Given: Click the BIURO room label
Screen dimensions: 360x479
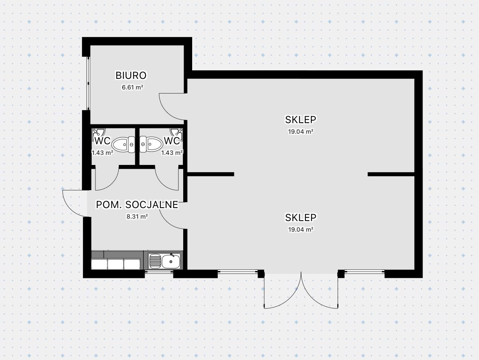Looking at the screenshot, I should [131, 75].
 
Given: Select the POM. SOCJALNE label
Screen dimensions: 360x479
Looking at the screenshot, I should [137, 205].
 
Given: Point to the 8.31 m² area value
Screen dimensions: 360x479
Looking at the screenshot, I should [137, 217].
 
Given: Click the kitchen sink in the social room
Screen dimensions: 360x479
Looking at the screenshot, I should [165, 261].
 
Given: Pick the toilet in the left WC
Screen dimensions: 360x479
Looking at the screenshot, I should [123, 144].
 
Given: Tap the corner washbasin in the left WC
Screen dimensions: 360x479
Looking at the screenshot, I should [97, 132].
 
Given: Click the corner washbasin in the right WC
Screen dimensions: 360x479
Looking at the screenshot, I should [178, 132].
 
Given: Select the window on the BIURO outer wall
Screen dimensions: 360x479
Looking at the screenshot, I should [87, 83].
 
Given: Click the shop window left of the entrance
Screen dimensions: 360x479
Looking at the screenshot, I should [238, 271].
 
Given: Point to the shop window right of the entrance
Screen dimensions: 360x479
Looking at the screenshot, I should [364, 271].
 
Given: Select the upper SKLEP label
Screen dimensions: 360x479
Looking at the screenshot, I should [301, 119].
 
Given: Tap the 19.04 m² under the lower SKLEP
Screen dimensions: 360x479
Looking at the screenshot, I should [301, 229].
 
